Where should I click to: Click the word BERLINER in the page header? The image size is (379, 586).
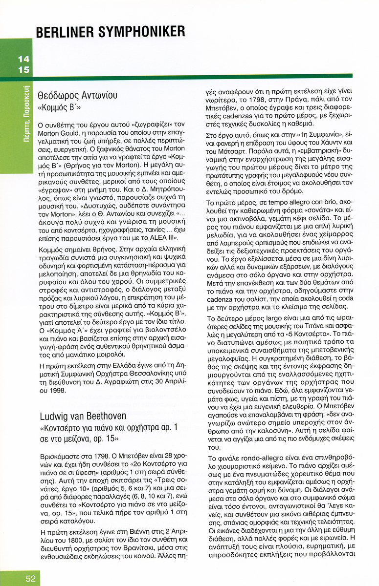pos(65,32)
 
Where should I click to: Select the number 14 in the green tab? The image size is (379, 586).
pos(23,59)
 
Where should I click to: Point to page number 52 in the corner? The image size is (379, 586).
pos(30,578)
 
